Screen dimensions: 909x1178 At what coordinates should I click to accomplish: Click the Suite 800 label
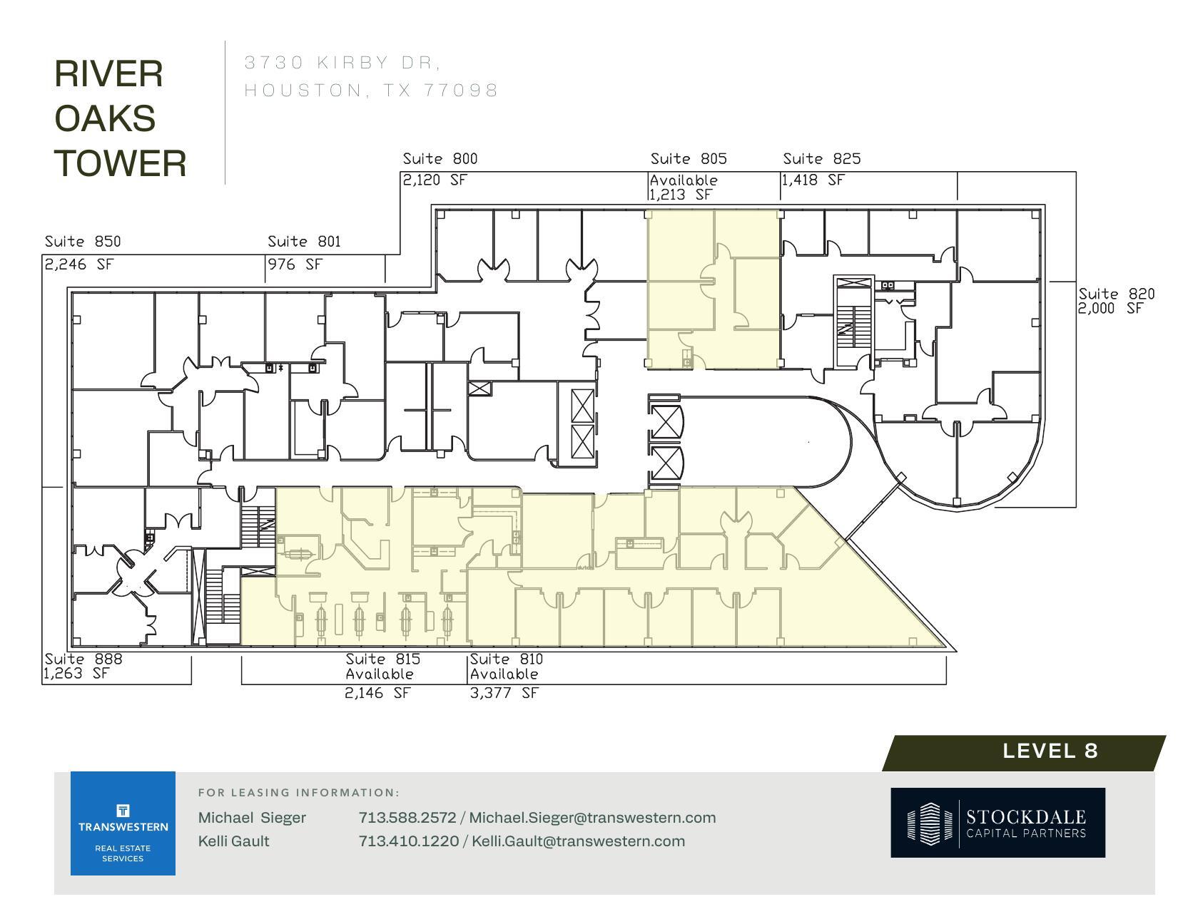pos(440,159)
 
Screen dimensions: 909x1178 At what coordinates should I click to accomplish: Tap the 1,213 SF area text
pos(681,195)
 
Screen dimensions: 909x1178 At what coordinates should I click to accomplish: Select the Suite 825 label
pos(821,159)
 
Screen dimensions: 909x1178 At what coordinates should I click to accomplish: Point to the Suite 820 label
pos(1116,294)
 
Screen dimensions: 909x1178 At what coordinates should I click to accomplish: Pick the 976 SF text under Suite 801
pos(295,265)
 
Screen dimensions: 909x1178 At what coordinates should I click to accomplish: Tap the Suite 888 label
pos(83,659)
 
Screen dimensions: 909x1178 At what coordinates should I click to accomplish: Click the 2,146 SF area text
pos(377,693)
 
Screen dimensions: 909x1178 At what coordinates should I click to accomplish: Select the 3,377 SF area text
pos(504,693)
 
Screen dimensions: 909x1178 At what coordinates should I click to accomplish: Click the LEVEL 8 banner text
pos(1050,751)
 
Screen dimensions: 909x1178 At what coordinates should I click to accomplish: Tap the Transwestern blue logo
pos(123,823)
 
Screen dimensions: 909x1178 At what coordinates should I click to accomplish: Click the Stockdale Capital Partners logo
pos(997,823)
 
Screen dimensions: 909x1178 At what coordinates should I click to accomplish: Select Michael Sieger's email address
pos(592,818)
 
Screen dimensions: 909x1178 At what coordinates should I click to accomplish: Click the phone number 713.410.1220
pos(408,841)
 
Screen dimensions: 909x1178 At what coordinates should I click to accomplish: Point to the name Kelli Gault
pos(233,841)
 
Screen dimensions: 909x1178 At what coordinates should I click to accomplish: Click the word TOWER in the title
pos(121,163)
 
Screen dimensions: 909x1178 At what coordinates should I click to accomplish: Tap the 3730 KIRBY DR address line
pos(342,63)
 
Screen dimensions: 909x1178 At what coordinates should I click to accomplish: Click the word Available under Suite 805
pos(684,180)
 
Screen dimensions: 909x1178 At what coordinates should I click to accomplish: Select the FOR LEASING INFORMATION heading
pos(298,793)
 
